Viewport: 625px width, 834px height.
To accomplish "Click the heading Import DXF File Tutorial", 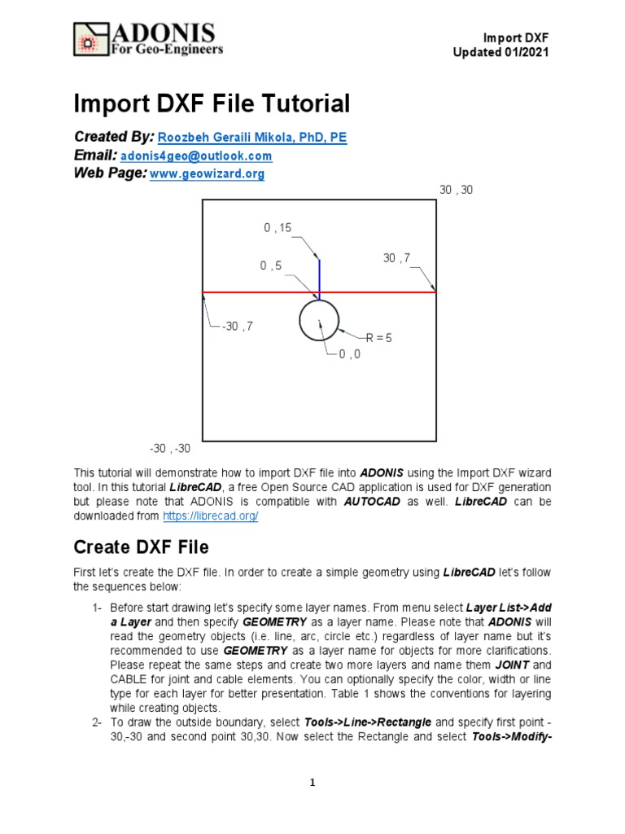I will pos(212,103).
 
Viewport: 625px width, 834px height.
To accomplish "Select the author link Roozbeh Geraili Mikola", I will pos(251,138).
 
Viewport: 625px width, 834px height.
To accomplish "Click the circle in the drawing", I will pos(319,321).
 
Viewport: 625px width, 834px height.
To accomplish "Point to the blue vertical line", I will pos(319,277).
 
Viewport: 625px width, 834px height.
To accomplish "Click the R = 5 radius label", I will pos(379,337).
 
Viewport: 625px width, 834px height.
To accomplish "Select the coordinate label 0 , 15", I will pos(278,229).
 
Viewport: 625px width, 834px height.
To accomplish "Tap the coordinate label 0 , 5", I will pos(272,266).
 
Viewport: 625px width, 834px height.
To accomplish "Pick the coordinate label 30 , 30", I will pos(456,190).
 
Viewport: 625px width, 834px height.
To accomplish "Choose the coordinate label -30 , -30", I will pos(170,449).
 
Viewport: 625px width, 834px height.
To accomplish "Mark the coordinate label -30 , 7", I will pos(237,327).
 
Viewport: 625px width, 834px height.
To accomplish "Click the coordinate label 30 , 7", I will pos(397,258).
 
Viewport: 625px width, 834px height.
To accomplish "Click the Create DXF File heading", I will pos(142,546).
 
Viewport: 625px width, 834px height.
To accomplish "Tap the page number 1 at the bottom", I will pos(312,783).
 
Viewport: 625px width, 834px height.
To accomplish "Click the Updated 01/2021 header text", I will pos(500,52).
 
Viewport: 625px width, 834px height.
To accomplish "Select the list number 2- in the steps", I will pos(97,722).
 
